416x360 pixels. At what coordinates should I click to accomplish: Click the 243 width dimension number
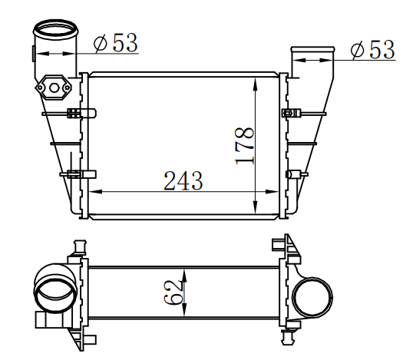(183, 180)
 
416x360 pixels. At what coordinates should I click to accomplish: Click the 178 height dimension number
(245, 146)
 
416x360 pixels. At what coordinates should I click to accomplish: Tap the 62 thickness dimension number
(173, 292)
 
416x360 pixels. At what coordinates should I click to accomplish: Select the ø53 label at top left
(116, 42)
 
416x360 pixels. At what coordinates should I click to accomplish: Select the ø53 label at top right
(373, 49)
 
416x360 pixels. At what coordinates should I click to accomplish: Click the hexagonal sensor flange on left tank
(54, 88)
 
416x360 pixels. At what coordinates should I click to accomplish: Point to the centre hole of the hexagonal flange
(54, 88)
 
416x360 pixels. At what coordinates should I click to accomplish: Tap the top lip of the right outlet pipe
(313, 49)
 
